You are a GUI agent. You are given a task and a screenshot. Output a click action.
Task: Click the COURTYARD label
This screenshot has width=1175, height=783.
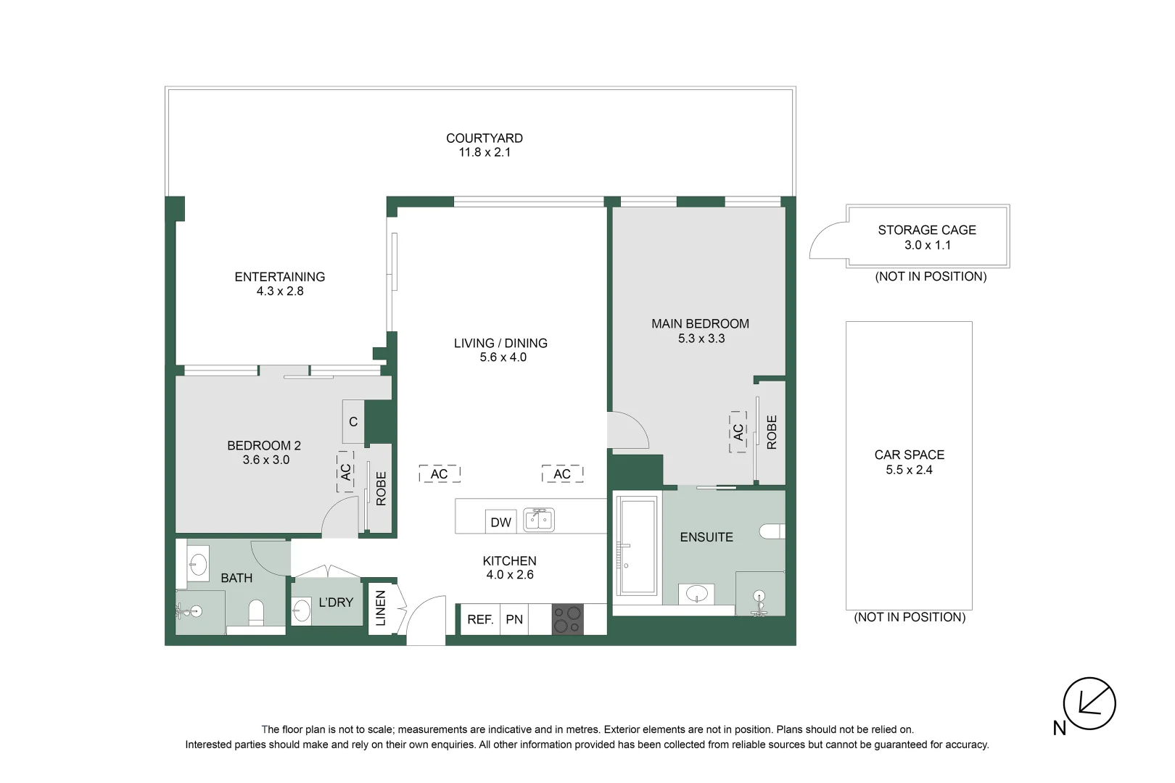tap(485, 138)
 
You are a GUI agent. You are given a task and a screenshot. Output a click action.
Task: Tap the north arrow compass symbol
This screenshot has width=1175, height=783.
tap(1089, 703)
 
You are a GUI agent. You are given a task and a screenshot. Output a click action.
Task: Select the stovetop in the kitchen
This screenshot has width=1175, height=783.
tap(568, 619)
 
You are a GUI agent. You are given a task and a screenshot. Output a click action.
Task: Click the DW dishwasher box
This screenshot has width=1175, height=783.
tap(501, 522)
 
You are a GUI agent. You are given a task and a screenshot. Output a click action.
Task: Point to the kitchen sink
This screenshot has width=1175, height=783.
tap(539, 521)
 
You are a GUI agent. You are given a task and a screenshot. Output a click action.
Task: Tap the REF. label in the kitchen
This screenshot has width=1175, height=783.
tap(480, 619)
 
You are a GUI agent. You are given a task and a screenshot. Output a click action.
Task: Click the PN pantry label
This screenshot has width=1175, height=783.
tap(514, 619)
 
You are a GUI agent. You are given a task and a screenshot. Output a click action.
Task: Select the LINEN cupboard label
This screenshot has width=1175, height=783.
tap(381, 608)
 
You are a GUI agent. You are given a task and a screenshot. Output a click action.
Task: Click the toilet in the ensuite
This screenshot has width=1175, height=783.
tap(772, 531)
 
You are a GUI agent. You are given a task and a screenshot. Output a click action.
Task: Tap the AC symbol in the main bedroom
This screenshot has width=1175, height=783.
tap(738, 432)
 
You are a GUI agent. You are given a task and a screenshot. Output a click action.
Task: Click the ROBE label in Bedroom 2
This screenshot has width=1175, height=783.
tap(382, 488)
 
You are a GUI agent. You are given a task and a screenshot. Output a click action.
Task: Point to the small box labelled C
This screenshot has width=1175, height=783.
tap(353, 422)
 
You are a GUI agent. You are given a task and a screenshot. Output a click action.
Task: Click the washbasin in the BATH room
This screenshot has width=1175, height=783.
tap(198, 564)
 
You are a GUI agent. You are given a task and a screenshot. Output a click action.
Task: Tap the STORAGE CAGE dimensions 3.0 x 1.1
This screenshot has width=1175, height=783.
tap(928, 245)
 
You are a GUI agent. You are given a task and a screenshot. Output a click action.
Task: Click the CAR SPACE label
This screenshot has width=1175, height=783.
tap(909, 455)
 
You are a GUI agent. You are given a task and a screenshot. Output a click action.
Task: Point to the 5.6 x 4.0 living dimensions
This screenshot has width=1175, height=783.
tap(503, 357)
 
